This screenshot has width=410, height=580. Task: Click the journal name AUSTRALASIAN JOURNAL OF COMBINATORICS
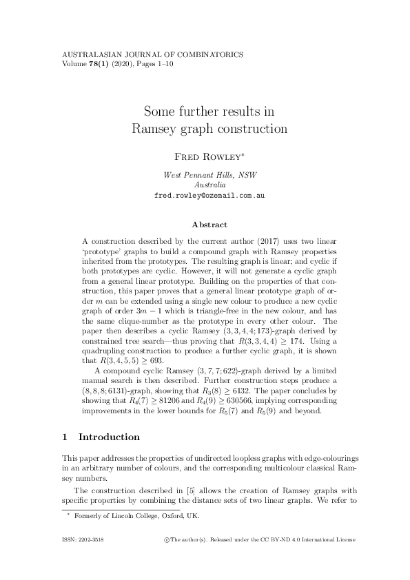(x=152, y=54)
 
